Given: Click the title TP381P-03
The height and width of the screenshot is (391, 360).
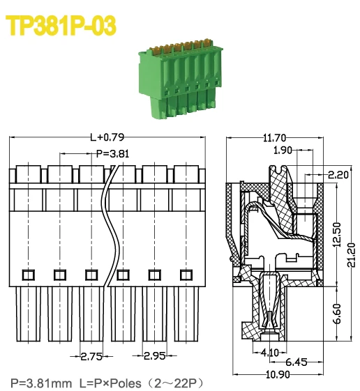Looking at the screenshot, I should (x=61, y=26).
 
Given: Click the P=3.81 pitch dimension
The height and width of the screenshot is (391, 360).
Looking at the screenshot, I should (x=112, y=153).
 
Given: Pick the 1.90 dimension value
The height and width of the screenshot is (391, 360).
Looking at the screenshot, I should (x=283, y=150).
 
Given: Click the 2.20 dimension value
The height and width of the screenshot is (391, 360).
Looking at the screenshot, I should (x=338, y=175).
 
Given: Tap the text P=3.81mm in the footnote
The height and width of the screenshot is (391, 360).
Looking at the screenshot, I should (x=41, y=383).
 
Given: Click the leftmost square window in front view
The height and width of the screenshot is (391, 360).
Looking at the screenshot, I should (x=29, y=274).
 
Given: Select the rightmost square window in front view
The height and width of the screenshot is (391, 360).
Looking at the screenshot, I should (x=186, y=274).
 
